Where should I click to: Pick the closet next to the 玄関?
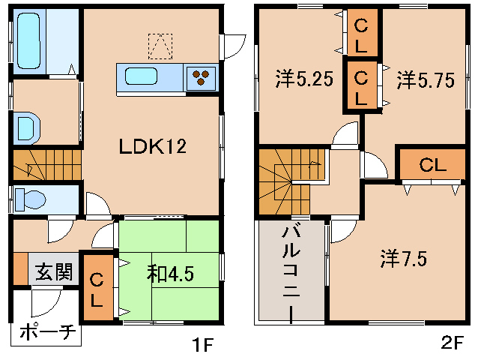click(x=97, y=289)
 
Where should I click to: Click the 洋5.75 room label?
click(x=425, y=79)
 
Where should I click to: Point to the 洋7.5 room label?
click(x=403, y=259)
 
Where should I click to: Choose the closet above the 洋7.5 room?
click(x=432, y=166)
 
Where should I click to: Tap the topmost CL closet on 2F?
click(x=360, y=34)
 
